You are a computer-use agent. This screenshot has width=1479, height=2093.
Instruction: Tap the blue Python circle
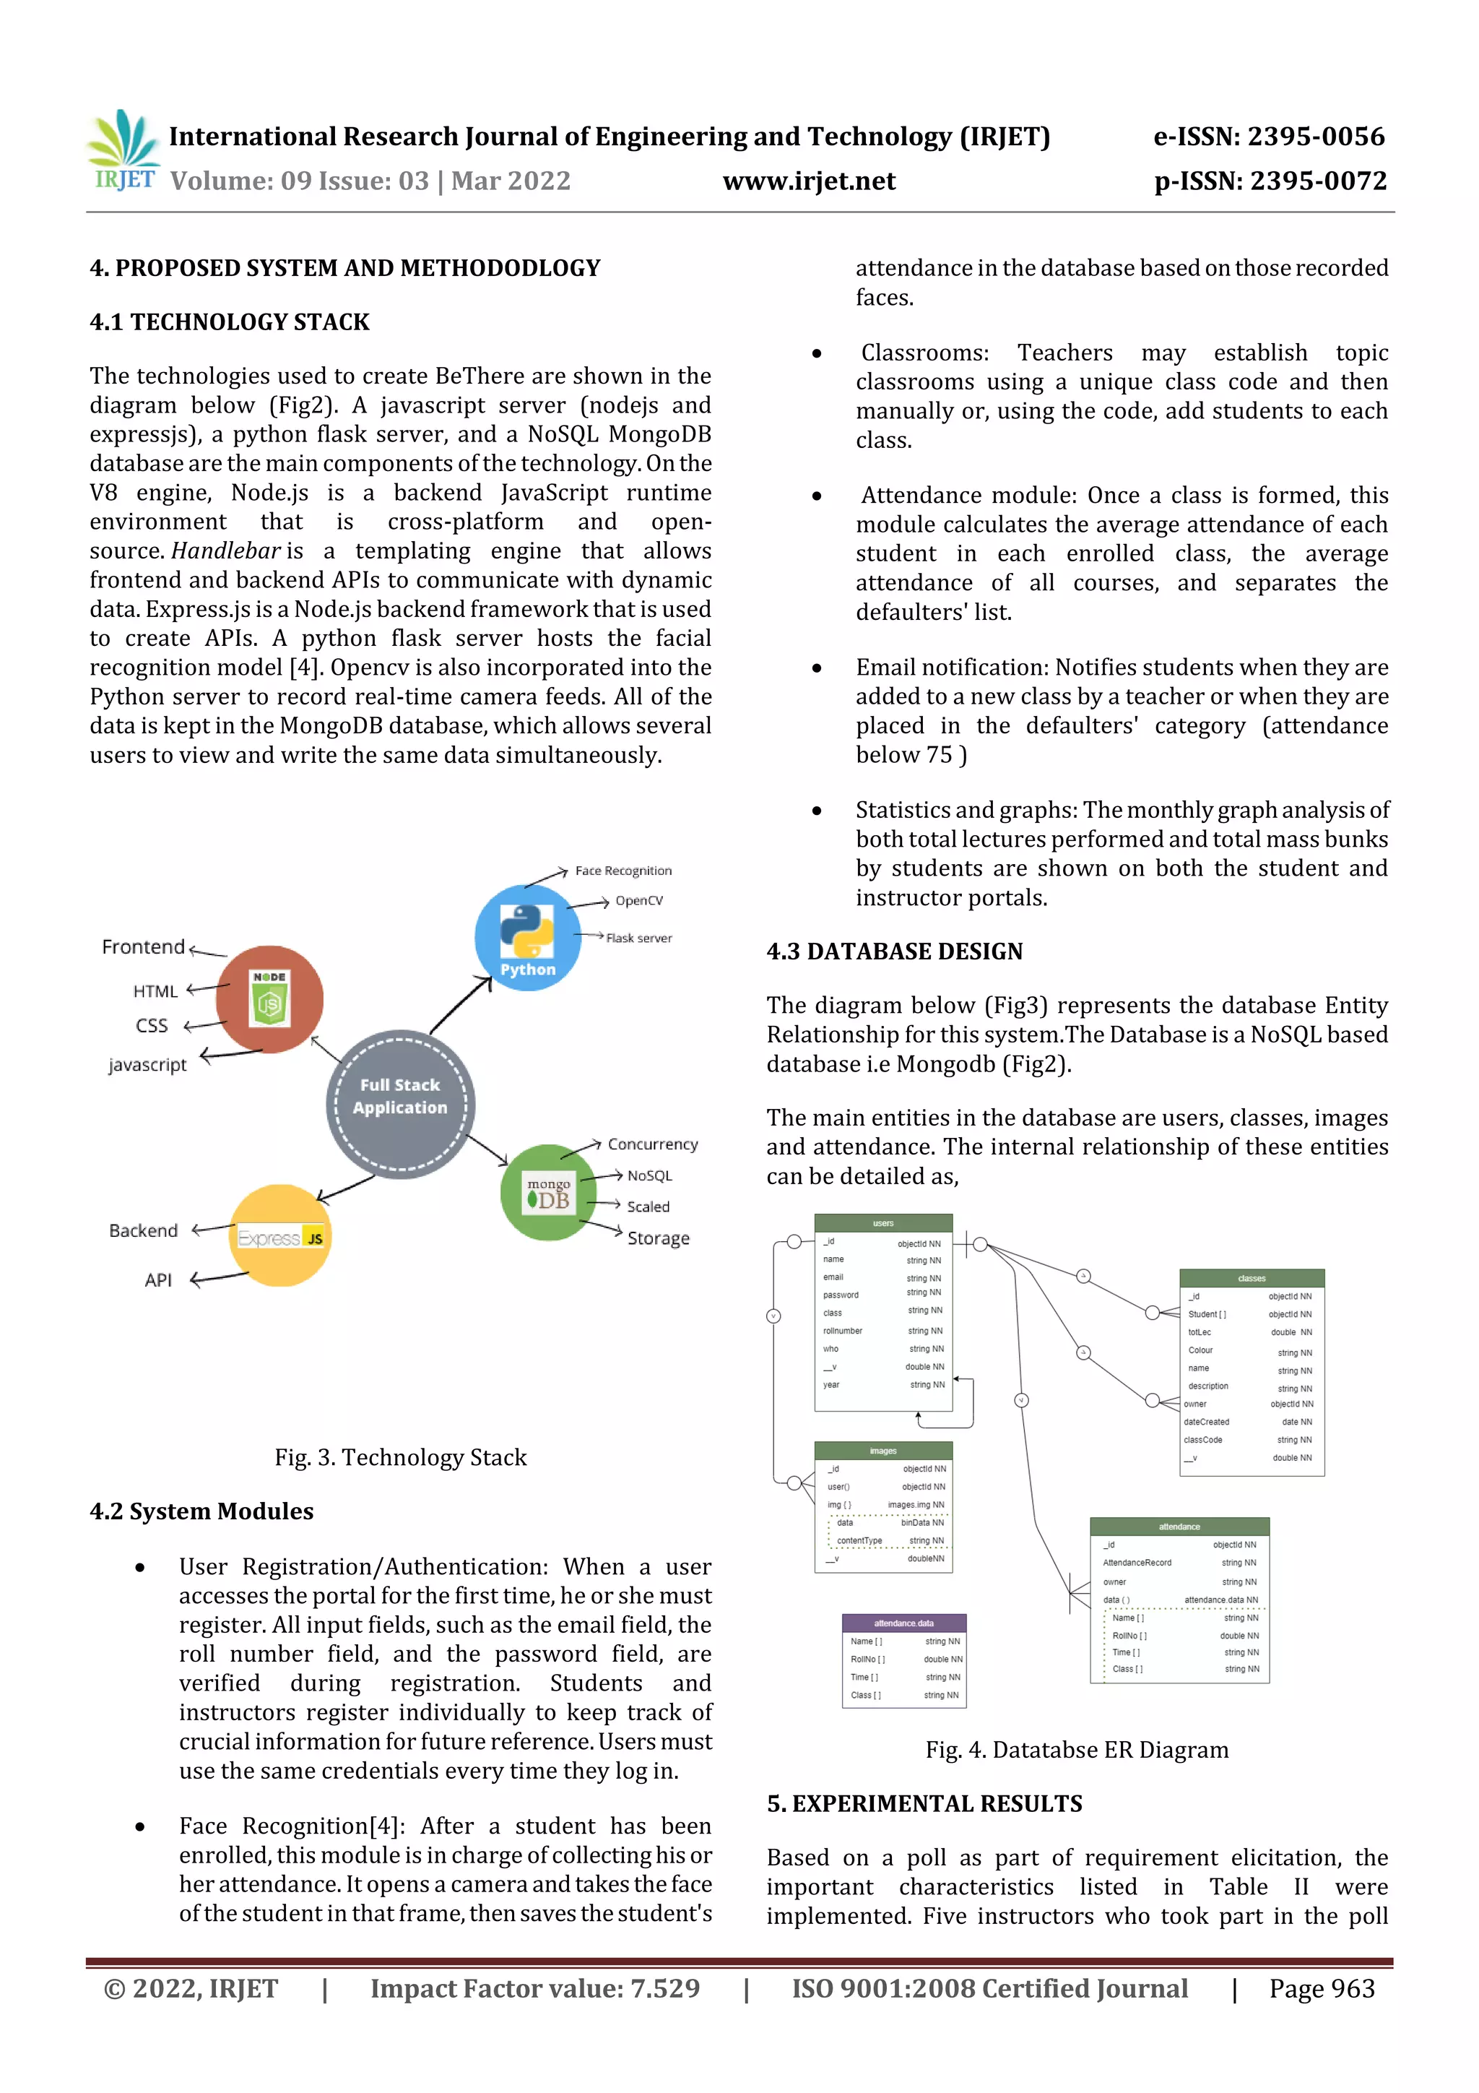pyautogui.click(x=528, y=937)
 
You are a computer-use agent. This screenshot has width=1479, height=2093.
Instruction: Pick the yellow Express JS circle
pyautogui.click(x=281, y=1235)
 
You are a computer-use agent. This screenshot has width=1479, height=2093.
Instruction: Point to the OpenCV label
pyautogui.click(x=639, y=901)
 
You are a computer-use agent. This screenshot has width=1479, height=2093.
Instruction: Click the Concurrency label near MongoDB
pyautogui.click(x=652, y=1144)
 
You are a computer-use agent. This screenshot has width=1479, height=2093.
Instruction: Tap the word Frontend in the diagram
pyautogui.click(x=143, y=947)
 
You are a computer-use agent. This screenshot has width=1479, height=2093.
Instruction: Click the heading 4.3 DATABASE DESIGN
pyautogui.click(x=894, y=951)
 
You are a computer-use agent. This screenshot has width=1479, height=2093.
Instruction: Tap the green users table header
pyautogui.click(x=883, y=1223)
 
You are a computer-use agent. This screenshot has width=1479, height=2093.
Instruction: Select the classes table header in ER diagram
pyautogui.click(x=1252, y=1278)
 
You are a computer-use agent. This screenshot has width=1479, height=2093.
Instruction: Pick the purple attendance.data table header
pyautogui.click(x=903, y=1623)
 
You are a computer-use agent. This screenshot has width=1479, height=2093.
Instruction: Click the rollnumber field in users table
pyautogui.click(x=842, y=1331)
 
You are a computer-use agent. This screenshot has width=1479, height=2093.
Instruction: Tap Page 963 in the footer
pyautogui.click(x=1322, y=1989)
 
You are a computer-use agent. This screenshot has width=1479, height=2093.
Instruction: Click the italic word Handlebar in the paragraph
pyautogui.click(x=225, y=551)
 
